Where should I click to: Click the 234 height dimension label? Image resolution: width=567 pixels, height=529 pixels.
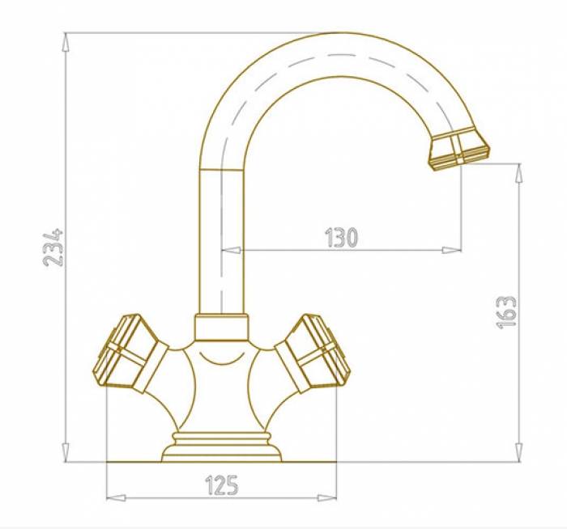coord(53,248)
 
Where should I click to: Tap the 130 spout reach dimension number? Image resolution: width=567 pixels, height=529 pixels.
coord(342,237)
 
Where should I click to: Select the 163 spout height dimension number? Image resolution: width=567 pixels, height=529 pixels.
coord(506,312)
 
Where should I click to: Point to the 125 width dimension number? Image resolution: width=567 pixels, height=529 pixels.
coord(222,485)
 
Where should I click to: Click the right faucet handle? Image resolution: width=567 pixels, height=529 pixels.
coord(313,353)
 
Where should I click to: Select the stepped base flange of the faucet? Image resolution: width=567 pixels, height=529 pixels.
coord(221,447)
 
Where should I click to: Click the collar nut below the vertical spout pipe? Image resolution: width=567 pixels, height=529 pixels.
coord(222,327)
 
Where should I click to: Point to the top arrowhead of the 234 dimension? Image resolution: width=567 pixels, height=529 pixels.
coord(66,41)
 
